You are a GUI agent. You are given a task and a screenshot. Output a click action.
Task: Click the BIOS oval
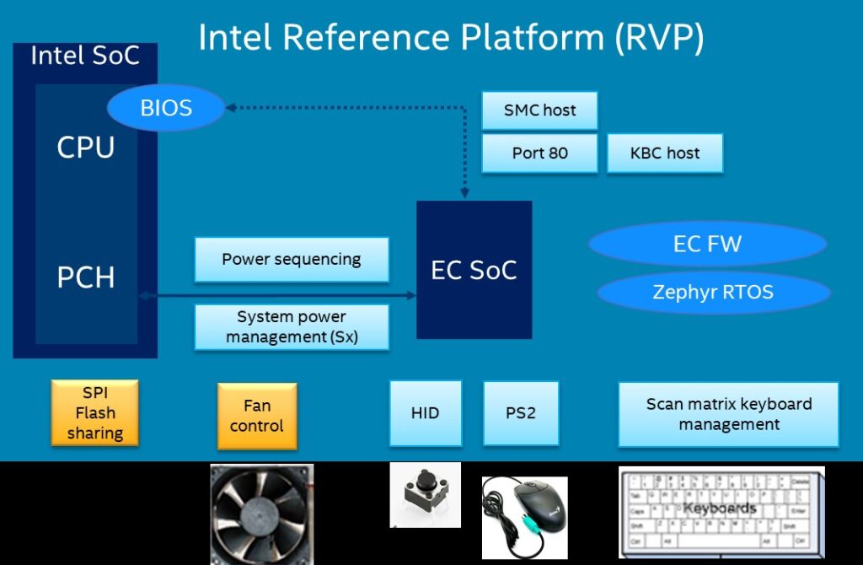point(166,109)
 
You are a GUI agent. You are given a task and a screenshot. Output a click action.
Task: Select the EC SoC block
point(474,270)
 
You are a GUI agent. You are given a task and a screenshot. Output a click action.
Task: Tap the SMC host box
point(539,110)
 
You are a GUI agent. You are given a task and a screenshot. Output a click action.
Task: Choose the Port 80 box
point(539,153)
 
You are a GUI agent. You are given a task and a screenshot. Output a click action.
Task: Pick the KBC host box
point(665,153)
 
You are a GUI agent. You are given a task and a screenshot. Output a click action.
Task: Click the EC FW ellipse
point(707,245)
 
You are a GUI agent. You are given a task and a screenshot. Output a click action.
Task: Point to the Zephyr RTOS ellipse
point(713,293)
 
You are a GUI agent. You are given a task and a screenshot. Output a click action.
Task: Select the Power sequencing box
point(292,259)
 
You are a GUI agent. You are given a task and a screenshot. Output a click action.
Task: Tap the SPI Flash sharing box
point(94,413)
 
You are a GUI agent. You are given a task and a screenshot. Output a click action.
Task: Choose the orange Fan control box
point(257,415)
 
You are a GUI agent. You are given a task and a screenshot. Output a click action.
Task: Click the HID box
point(426,413)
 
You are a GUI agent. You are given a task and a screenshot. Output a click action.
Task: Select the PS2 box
point(521,413)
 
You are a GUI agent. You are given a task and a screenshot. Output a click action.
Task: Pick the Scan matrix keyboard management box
point(728,414)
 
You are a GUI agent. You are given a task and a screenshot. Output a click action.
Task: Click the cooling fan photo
point(261,513)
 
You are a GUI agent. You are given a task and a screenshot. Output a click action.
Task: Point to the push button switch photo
point(425,494)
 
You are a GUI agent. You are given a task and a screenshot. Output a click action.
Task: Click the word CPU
point(85,148)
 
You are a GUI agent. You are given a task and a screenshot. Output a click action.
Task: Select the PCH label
point(85,278)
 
